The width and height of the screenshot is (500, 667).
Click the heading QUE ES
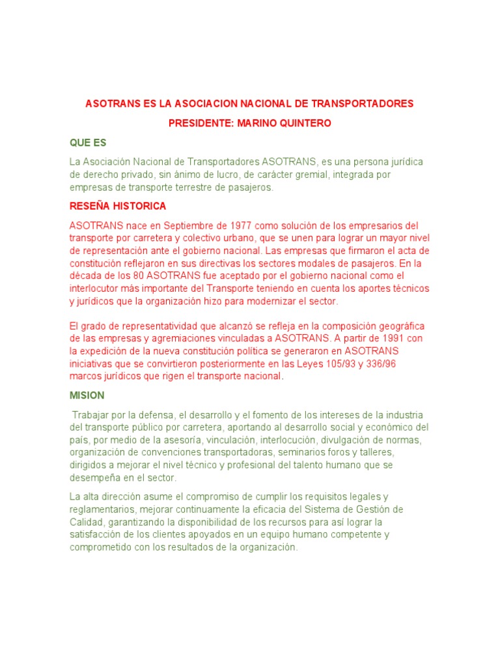pos(88,143)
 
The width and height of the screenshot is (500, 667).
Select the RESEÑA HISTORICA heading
pos(118,206)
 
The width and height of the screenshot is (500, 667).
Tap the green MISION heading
pos(87,395)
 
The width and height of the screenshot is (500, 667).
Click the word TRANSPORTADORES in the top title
pos(363,104)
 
